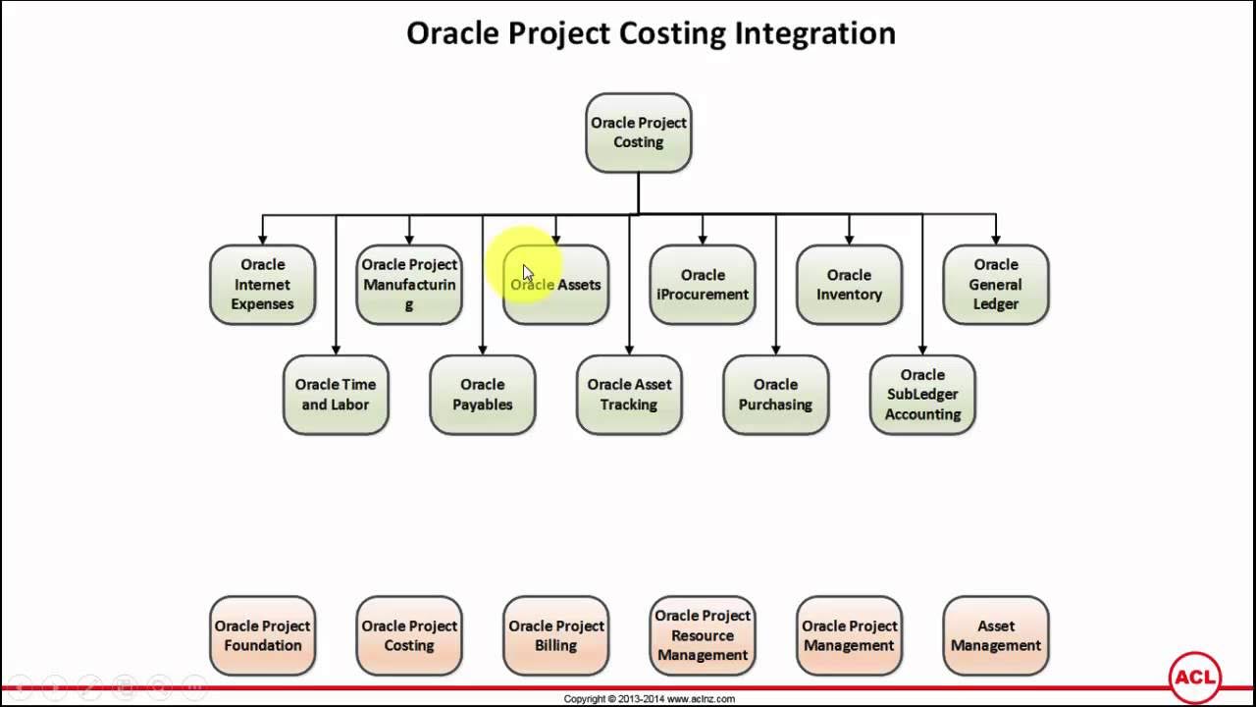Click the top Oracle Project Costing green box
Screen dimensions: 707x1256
tap(639, 133)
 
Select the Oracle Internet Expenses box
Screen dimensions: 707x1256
tap(262, 285)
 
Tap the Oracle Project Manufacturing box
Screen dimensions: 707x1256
tap(409, 285)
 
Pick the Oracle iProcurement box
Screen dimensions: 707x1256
tap(703, 285)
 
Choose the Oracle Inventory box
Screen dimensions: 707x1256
tap(849, 285)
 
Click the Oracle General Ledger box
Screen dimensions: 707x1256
tap(996, 285)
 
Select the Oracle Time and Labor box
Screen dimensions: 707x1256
tap(336, 395)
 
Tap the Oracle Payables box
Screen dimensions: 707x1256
tap(483, 395)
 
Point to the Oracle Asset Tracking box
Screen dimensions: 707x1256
tap(629, 395)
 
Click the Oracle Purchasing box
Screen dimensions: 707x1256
tap(776, 395)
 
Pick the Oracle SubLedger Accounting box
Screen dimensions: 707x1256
tap(922, 395)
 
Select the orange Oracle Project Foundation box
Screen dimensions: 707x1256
tap(262, 635)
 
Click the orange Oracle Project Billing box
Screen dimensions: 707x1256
tap(556, 635)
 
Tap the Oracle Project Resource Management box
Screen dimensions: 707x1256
tap(703, 635)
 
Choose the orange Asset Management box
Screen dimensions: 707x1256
tap(996, 635)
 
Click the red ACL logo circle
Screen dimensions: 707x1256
tap(1194, 678)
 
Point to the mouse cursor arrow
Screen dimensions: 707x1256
tap(528, 274)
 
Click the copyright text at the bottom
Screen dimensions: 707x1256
tap(649, 699)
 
